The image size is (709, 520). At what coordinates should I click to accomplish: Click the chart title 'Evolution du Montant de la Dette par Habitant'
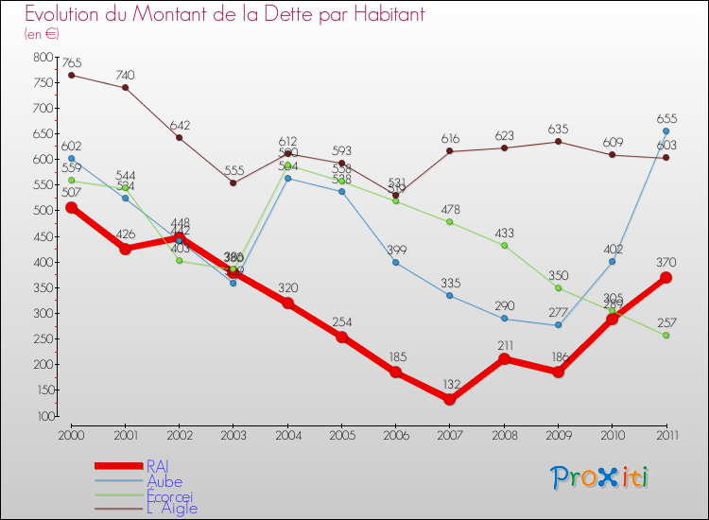pyautogui.click(x=224, y=15)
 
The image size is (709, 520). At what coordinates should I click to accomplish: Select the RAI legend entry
pyautogui.click(x=158, y=465)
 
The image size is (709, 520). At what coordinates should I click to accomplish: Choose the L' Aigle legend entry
pyautogui.click(x=171, y=508)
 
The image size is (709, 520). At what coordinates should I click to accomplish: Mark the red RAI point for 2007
pyautogui.click(x=449, y=399)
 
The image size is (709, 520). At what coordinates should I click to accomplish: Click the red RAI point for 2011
pyautogui.click(x=666, y=277)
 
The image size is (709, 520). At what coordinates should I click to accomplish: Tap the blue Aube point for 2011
pyautogui.click(x=666, y=131)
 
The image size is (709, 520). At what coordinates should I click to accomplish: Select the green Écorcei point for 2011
pyautogui.click(x=666, y=335)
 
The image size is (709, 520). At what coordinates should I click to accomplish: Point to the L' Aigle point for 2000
pyautogui.click(x=71, y=75)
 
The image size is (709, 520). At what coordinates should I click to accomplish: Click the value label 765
pyautogui.click(x=71, y=62)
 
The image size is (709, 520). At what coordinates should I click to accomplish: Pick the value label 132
pyautogui.click(x=449, y=384)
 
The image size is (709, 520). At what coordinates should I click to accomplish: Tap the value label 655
pyautogui.click(x=666, y=118)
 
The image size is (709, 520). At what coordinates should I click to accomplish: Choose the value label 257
pyautogui.click(x=666, y=321)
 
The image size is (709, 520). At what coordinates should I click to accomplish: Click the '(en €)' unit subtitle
pyautogui.click(x=42, y=34)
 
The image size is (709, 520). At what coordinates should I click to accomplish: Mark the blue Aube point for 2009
pyautogui.click(x=558, y=325)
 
